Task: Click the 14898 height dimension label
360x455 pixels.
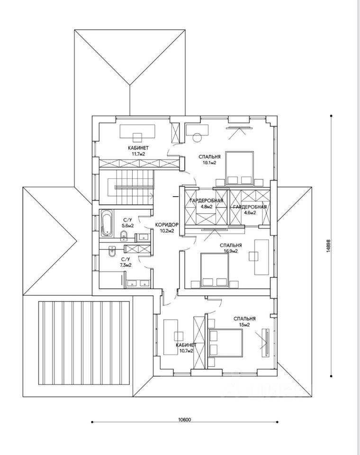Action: pyautogui.click(x=328, y=246)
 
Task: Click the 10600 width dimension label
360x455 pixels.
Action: pyautogui.click(x=185, y=419)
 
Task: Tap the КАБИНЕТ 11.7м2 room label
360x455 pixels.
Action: pyautogui.click(x=138, y=151)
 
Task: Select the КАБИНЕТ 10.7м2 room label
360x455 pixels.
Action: pyautogui.click(x=186, y=348)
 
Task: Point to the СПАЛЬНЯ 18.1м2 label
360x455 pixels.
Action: pyautogui.click(x=209, y=159)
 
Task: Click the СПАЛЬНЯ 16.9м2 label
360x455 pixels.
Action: pyautogui.click(x=231, y=248)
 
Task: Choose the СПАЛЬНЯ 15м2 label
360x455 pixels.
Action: pyautogui.click(x=244, y=321)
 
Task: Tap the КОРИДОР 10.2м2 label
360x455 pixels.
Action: pyautogui.click(x=167, y=227)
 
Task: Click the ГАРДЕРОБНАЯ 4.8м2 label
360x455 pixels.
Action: pyautogui.click(x=206, y=203)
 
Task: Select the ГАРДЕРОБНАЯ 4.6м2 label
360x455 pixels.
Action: pyautogui.click(x=250, y=209)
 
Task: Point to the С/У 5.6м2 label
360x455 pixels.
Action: pyautogui.click(x=127, y=223)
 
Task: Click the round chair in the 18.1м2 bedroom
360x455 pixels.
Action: pyautogui.click(x=198, y=138)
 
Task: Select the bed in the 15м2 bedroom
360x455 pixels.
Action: pyautogui.click(x=225, y=342)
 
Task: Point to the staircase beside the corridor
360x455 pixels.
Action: pyautogui.click(x=126, y=184)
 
